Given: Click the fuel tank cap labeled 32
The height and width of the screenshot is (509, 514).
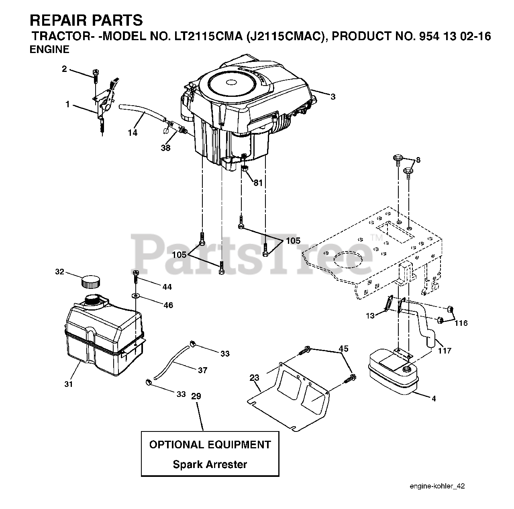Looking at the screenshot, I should [90, 281].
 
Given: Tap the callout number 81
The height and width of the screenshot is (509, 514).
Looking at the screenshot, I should [258, 182].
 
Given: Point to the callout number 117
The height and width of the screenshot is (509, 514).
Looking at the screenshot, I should [444, 351].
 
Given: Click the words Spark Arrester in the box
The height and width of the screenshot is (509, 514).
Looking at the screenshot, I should [210, 465].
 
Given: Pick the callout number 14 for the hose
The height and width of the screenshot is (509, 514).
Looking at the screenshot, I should [133, 133].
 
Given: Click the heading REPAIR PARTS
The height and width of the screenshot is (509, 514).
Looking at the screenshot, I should [86, 20].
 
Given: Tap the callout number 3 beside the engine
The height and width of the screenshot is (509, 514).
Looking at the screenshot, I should [333, 96].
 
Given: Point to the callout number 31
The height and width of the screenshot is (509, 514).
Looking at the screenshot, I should [69, 384].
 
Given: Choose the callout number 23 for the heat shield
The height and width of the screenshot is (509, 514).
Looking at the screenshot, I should [254, 378].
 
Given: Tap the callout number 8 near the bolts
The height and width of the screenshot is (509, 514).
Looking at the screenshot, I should [418, 160].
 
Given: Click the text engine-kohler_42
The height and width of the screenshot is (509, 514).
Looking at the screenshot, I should [437, 486].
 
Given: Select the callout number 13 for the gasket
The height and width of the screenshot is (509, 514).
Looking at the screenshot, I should [370, 316].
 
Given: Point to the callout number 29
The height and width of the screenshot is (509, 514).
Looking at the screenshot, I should [196, 396].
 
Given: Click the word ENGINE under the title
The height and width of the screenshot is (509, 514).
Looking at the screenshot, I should [49, 49].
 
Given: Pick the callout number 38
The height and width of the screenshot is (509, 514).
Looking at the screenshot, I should [165, 148].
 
